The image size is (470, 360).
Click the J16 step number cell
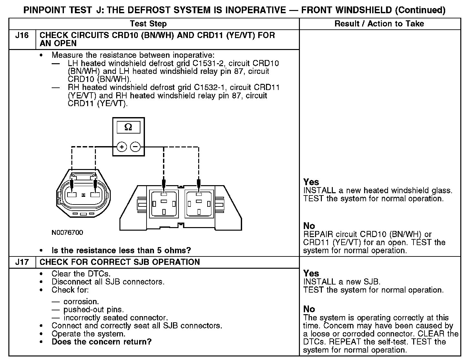[22, 35]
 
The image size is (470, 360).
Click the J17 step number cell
[22, 262]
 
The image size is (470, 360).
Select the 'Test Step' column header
[148, 24]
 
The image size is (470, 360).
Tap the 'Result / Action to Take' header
[379, 24]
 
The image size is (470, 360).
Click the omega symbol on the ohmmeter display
[128, 127]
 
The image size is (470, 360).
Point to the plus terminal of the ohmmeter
[122, 147]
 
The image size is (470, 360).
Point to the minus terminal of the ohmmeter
[135, 147]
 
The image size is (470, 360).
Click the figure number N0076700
[67, 233]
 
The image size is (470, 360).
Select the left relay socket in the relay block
[164, 204]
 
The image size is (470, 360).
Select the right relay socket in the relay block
[199, 204]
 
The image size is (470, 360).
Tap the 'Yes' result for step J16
[311, 182]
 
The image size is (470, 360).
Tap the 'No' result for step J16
[309, 226]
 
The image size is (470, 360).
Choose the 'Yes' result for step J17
[311, 273]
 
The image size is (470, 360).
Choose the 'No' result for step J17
[309, 309]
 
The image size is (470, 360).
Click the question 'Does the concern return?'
[101, 342]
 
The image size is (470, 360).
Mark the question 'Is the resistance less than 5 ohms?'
[121, 250]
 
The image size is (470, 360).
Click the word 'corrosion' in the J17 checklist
[81, 302]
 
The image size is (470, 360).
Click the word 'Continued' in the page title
[420, 10]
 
